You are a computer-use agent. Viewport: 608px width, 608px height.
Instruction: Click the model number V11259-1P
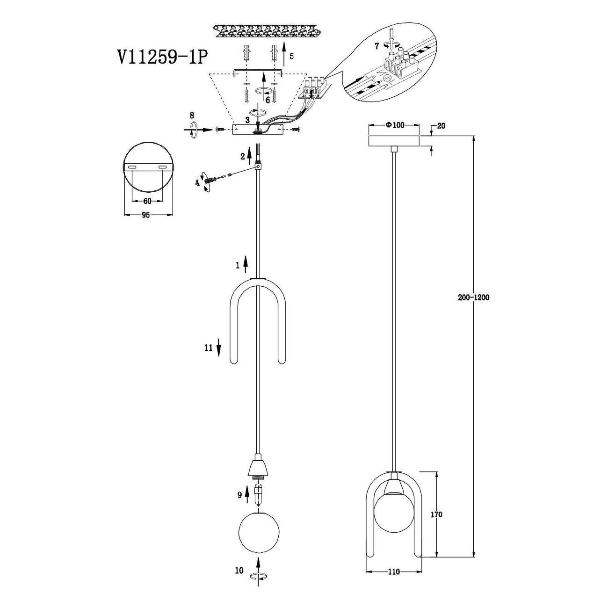pyautogui.click(x=162, y=58)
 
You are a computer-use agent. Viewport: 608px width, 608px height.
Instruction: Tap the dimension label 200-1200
pyautogui.click(x=473, y=297)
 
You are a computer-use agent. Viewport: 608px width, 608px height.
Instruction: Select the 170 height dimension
pyautogui.click(x=436, y=514)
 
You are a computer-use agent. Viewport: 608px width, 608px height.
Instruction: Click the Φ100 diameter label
pyautogui.click(x=394, y=125)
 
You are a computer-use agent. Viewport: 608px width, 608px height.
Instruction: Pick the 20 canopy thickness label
pyautogui.click(x=441, y=126)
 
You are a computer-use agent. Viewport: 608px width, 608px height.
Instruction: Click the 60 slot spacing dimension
pyautogui.click(x=147, y=201)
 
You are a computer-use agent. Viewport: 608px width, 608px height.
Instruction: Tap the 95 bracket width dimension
pyautogui.click(x=145, y=215)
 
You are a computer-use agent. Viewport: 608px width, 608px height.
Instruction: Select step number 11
pyautogui.click(x=209, y=348)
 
